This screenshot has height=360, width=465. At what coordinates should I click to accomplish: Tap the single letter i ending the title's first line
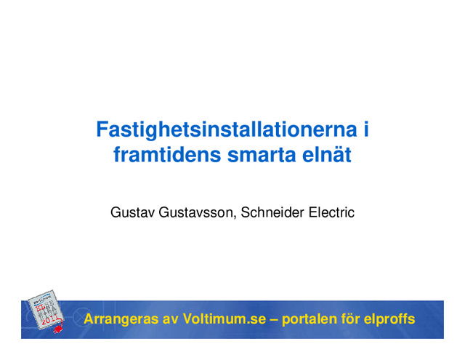365,132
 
